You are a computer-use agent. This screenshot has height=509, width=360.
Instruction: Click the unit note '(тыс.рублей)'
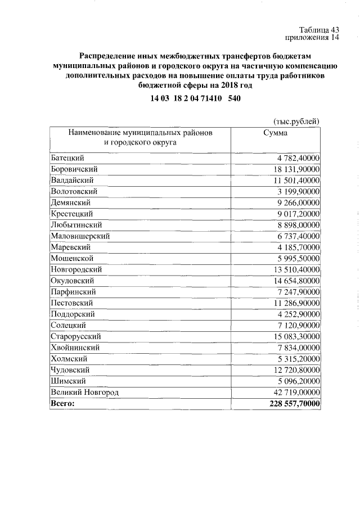[296, 121]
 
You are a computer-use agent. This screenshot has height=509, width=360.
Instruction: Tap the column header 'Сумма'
[275, 133]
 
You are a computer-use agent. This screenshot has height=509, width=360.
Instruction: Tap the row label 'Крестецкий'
[72, 214]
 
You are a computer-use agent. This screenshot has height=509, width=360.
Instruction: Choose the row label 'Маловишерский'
[80, 236]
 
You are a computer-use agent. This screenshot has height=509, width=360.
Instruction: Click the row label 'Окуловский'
[72, 281]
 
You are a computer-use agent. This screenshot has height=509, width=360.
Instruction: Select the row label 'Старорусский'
[75, 336]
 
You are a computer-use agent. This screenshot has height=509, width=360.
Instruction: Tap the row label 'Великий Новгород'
[84, 392]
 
